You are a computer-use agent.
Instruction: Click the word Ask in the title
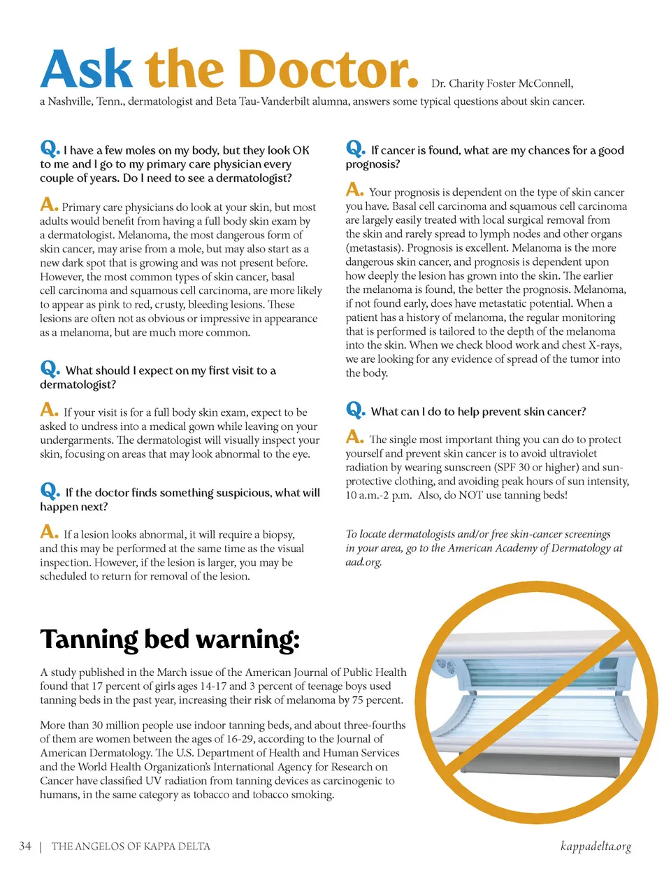coord(86,70)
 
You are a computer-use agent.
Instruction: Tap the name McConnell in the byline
coord(545,84)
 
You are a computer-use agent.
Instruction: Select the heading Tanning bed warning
coord(170,639)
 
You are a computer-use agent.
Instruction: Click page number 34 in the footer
coord(25,846)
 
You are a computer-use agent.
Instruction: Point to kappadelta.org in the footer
coord(596,847)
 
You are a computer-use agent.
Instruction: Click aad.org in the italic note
coord(363,562)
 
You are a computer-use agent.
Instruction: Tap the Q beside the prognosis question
coord(355,148)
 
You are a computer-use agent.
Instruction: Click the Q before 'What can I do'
coord(355,410)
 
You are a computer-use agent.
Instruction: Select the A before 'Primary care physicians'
coord(48,205)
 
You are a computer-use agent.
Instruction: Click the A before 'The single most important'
coord(354,438)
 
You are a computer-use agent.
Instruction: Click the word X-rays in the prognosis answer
coord(603,345)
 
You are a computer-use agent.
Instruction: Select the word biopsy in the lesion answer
coord(276,535)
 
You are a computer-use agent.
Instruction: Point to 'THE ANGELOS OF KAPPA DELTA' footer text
coord(131,847)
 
